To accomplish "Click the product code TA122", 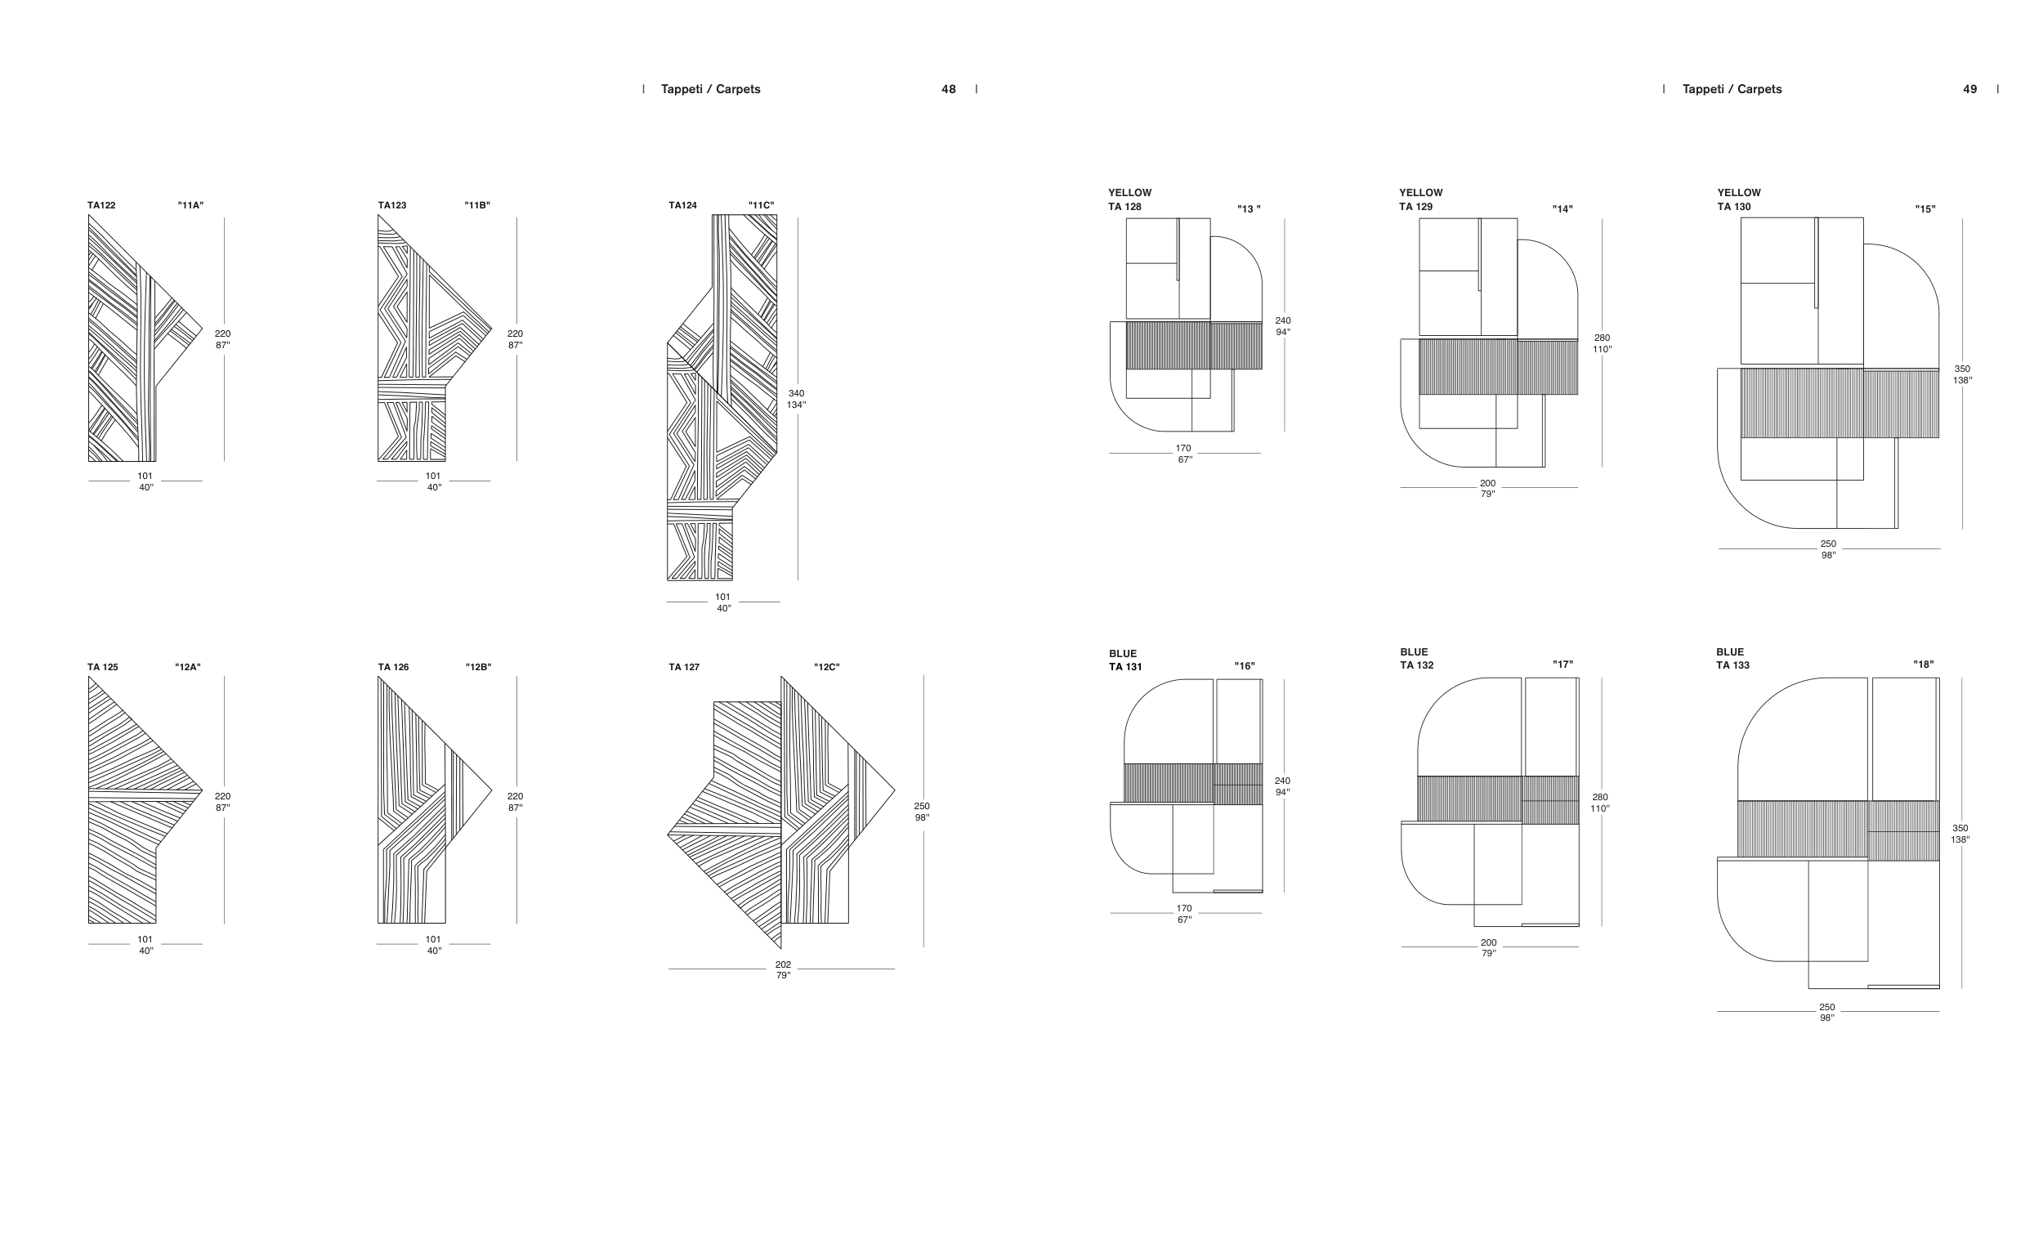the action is click(101, 206).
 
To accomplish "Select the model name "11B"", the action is click(477, 206).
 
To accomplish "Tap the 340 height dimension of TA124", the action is click(796, 393).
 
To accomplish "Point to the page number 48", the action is click(949, 90).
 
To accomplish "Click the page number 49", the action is click(1970, 90).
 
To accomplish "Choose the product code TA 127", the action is click(684, 667).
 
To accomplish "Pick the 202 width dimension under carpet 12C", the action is click(783, 964).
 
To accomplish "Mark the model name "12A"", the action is click(188, 667).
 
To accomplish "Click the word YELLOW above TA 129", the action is click(1421, 192).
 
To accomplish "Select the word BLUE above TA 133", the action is click(1729, 652).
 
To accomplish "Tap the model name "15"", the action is click(1925, 209).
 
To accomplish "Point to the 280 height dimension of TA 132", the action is click(1599, 797).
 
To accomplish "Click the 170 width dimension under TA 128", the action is click(1183, 448).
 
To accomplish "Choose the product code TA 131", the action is click(1125, 667).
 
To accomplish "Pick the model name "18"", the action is click(1924, 665).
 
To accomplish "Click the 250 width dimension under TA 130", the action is click(1828, 544).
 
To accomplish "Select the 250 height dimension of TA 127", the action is click(922, 806).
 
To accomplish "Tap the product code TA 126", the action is click(393, 667).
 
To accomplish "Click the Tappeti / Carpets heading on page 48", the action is click(711, 90).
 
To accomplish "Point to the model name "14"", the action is click(1563, 209).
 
